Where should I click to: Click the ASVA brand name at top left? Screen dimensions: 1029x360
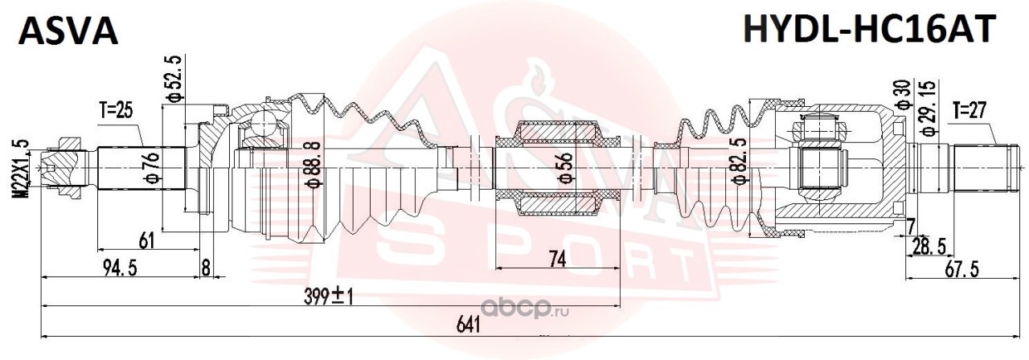tap(68, 31)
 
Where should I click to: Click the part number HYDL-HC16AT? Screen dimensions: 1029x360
tap(870, 28)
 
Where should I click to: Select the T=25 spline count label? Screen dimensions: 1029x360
tap(117, 111)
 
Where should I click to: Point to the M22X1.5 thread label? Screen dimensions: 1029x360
tap(22, 169)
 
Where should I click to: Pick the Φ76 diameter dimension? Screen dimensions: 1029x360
tap(154, 168)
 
